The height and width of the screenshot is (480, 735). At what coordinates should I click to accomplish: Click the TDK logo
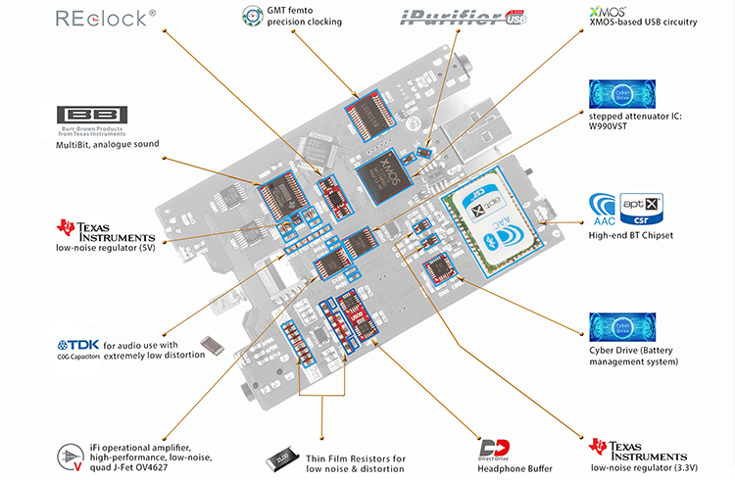click(79, 346)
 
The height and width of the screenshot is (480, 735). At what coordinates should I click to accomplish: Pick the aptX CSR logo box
click(643, 209)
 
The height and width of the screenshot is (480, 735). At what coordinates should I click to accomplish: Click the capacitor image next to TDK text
click(212, 344)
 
